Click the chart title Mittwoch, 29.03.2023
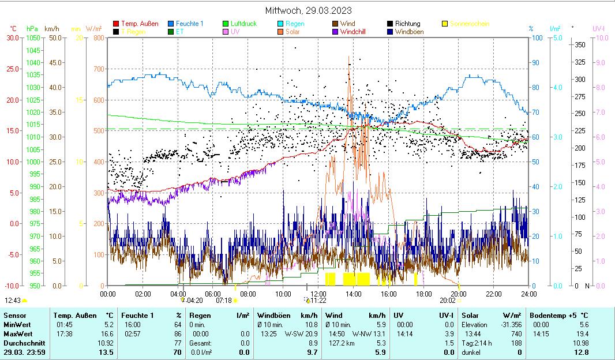coord(308,10)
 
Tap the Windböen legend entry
coord(409,32)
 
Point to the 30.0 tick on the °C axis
coord(13,38)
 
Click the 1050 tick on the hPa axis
coord(32,38)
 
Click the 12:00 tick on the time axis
coord(318,294)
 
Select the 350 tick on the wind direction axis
coord(580,45)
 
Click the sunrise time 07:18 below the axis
coord(223,301)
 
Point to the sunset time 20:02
coord(447,301)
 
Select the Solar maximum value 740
coord(516,334)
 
